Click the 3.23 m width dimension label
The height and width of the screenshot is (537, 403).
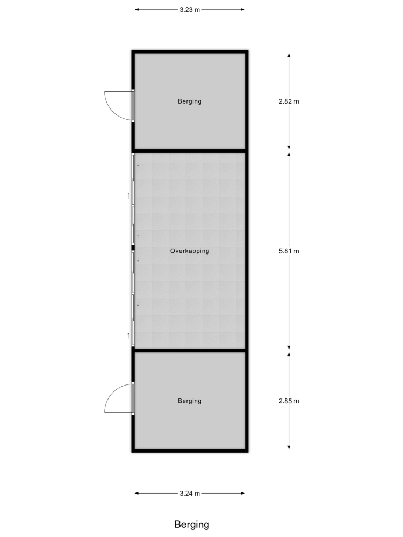[x=190, y=10]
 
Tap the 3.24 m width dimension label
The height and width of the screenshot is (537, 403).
[x=190, y=494]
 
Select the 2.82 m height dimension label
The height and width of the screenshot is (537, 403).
[x=289, y=101]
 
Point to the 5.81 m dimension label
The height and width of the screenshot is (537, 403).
[x=289, y=251]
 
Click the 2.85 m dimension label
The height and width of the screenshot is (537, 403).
[x=289, y=401]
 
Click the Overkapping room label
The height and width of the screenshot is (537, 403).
[x=190, y=251]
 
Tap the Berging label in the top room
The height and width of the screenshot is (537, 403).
[x=190, y=101]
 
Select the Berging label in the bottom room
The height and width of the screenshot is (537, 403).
[x=190, y=401]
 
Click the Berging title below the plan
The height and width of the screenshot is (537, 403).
[x=192, y=525]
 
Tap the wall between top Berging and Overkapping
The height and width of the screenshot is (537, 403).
[x=190, y=150]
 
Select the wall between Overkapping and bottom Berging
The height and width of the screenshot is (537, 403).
[x=190, y=350]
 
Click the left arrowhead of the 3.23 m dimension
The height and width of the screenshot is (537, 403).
[x=136, y=10]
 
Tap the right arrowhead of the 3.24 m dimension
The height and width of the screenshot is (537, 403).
[x=243, y=494]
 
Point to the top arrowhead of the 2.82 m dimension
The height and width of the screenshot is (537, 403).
[x=289, y=55]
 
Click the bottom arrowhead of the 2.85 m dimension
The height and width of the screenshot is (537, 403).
[x=289, y=447]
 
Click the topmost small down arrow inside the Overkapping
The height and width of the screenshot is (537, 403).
[x=138, y=164]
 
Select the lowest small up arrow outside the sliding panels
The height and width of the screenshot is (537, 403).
[x=128, y=336]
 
